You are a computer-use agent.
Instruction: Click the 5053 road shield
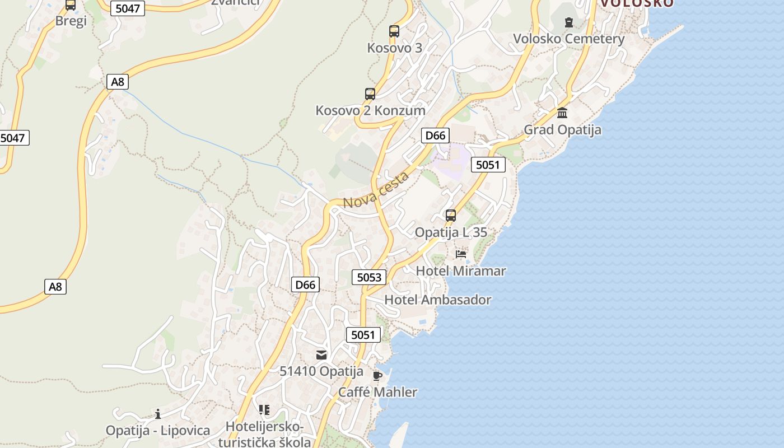[369, 277]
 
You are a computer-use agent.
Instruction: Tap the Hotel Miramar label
[461, 271]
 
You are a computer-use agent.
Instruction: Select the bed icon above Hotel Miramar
[461, 254]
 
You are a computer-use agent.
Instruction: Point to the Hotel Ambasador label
[437, 300]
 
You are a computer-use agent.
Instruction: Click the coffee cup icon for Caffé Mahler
[377, 375]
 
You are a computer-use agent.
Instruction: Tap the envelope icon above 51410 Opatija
[321, 354]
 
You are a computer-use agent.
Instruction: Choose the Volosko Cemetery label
[569, 39]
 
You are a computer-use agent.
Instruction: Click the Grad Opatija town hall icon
[562, 113]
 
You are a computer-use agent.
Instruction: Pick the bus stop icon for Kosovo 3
[394, 31]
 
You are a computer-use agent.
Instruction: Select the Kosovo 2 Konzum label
[371, 110]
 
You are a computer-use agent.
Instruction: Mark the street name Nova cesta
[376, 190]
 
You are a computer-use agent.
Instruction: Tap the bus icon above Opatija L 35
[451, 215]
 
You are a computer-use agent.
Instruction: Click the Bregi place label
[71, 21]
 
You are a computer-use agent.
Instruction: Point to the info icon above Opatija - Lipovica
[158, 414]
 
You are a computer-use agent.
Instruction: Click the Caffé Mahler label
[377, 392]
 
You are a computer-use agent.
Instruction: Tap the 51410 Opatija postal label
[321, 371]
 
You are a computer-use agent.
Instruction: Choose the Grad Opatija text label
[562, 130]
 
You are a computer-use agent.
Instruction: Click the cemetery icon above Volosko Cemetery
[569, 22]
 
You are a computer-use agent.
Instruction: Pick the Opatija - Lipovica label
[158, 431]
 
